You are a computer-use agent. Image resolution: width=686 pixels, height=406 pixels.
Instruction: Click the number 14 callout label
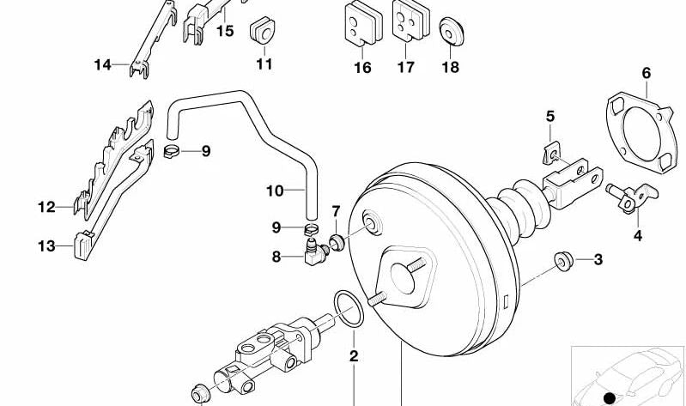103,64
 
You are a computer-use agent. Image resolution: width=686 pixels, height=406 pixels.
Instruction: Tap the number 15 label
224,31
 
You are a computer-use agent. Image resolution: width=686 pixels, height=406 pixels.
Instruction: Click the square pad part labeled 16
361,23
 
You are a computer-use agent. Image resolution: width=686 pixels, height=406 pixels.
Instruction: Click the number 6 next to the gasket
646,74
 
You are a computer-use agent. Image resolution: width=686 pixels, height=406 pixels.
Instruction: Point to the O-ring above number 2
348,309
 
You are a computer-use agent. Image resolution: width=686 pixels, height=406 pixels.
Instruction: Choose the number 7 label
336,210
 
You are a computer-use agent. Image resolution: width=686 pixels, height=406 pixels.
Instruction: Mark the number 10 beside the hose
274,190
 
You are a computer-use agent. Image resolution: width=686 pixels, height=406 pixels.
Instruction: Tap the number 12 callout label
46,207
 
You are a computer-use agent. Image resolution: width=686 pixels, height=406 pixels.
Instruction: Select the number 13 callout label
46,247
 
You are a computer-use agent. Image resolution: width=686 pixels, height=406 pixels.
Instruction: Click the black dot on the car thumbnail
609,397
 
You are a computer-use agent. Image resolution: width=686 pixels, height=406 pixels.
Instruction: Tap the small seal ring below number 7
337,242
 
